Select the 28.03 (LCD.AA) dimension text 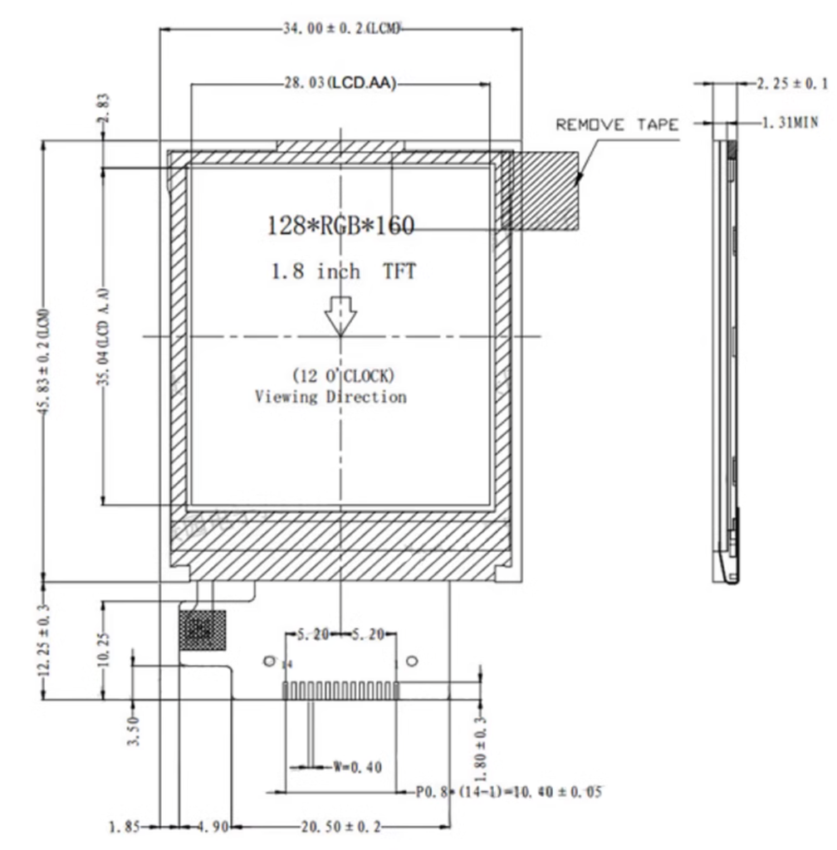[x=337, y=83]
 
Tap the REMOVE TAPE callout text [x=616, y=125]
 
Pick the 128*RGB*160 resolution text [x=340, y=225]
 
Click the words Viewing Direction [x=330, y=397]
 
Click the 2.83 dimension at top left [x=103, y=108]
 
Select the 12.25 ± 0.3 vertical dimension [x=43, y=641]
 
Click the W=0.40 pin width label [x=357, y=767]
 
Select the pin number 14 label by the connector [x=287, y=665]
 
